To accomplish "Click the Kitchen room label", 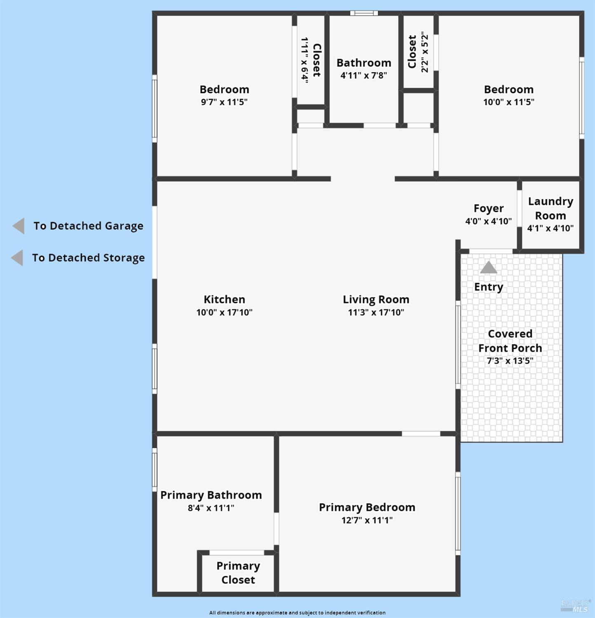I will [x=224, y=299].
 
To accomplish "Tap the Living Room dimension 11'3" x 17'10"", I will [x=376, y=313].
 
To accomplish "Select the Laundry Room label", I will [x=550, y=209].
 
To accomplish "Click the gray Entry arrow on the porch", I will [x=489, y=268].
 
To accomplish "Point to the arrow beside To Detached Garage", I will [x=19, y=226].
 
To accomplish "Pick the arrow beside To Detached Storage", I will [x=17, y=258].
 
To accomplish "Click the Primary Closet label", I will [x=238, y=573].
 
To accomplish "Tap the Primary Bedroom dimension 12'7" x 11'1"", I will [x=367, y=520].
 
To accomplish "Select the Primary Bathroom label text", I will [x=211, y=495].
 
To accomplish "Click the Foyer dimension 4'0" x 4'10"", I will [x=488, y=221].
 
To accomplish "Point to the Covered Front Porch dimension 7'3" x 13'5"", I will [x=510, y=361].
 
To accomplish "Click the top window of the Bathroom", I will [x=364, y=13].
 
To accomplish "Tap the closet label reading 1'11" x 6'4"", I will [x=305, y=60].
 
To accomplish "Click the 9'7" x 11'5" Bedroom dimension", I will [x=224, y=102].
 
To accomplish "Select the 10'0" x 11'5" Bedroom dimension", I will [x=508, y=102].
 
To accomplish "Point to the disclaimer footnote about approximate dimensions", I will [x=297, y=613].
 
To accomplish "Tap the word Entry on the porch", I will [x=489, y=287].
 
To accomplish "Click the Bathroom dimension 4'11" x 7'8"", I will [x=363, y=75].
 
